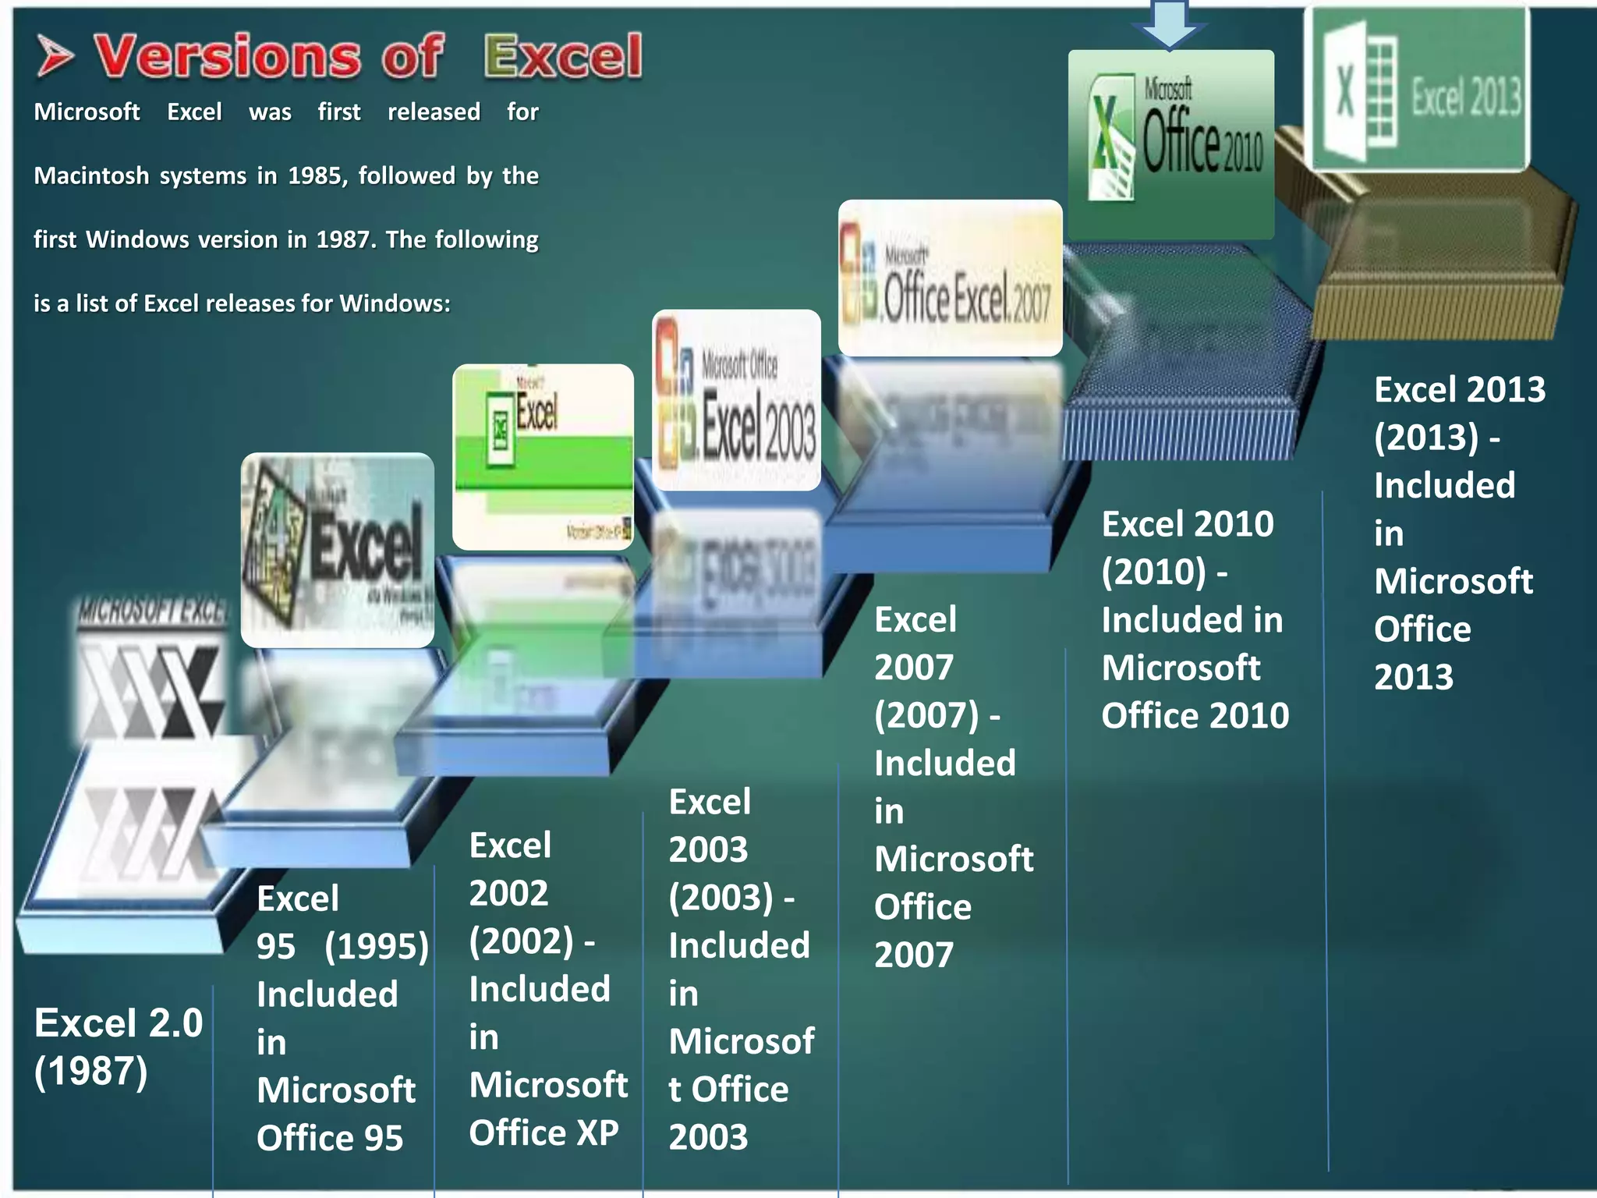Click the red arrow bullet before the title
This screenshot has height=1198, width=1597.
point(55,58)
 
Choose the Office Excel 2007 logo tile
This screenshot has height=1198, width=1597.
point(950,278)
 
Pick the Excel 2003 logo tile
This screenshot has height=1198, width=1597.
point(736,400)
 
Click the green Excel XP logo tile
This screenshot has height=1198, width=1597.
point(543,457)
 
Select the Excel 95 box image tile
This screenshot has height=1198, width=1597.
point(337,550)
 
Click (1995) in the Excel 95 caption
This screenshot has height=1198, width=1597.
point(377,947)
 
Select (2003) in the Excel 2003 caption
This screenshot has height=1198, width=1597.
point(721,898)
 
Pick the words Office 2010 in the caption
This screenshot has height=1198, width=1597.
point(1195,716)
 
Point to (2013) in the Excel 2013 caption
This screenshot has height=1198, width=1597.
point(1425,438)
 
